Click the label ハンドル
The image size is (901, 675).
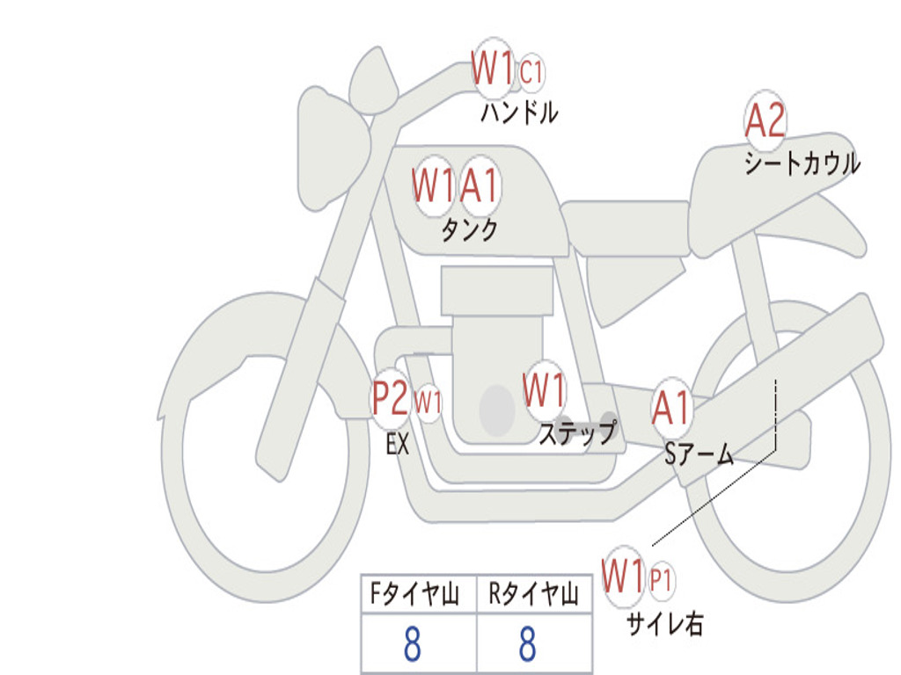pyautogui.click(x=519, y=112)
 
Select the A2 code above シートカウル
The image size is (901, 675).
pyautogui.click(x=765, y=121)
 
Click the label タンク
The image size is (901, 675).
pyautogui.click(x=469, y=230)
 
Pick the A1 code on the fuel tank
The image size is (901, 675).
pyautogui.click(x=480, y=185)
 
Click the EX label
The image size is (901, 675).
pyautogui.click(x=398, y=445)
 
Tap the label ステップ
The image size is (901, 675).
pyautogui.click(x=576, y=433)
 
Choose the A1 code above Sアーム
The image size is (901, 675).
pyautogui.click(x=672, y=408)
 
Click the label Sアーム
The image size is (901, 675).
pyautogui.click(x=700, y=454)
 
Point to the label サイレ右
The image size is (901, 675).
pyautogui.click(x=665, y=624)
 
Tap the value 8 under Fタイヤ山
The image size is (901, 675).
pyautogui.click(x=412, y=644)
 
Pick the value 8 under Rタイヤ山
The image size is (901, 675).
pyautogui.click(x=527, y=644)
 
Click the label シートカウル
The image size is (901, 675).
pyautogui.click(x=802, y=163)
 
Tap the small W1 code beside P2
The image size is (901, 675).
pyautogui.click(x=428, y=403)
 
